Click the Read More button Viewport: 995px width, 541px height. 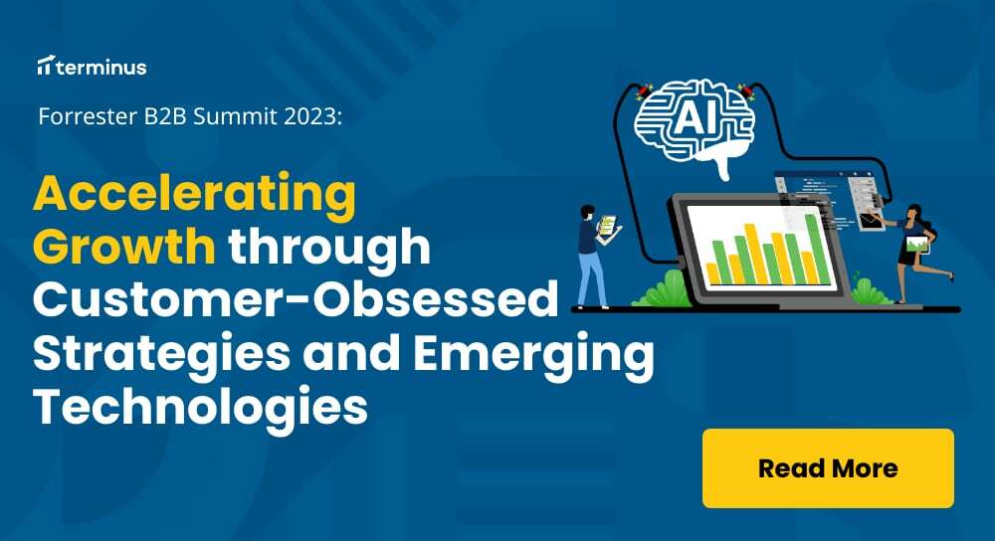pyautogui.click(x=828, y=468)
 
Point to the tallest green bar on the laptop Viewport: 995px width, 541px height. pyautogui.click(x=814, y=249)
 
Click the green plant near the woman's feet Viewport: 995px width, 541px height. pyautogui.click(x=868, y=292)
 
